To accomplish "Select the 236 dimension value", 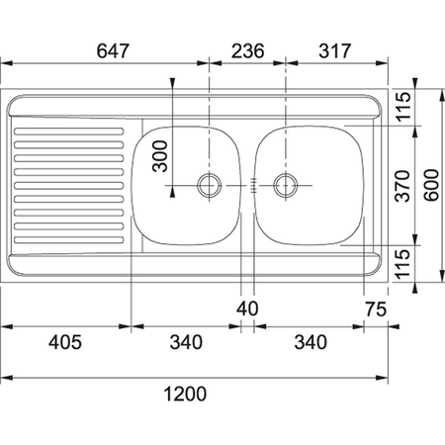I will [247, 52].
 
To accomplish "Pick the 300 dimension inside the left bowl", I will [161, 156].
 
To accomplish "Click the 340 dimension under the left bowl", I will [185, 342].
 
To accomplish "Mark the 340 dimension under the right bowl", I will [311, 342].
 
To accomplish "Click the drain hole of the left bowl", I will [209, 183].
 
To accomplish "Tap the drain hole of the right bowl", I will [287, 183].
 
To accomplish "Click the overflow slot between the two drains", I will [255, 183].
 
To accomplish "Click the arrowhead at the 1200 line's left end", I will [4, 378].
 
